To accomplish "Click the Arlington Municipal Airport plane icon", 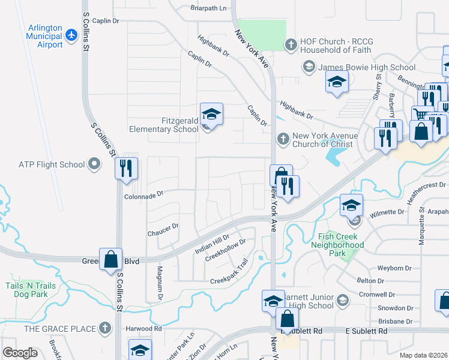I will tap(72, 35).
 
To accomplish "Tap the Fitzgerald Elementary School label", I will tap(164, 125).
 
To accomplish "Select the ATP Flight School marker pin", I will tap(94, 163).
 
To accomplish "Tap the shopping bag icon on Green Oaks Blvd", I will tap(110, 259).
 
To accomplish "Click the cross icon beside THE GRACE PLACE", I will tap(105, 328).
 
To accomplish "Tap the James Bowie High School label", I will tap(367, 67).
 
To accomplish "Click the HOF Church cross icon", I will tap(291, 44).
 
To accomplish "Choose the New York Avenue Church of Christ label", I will tap(325, 140).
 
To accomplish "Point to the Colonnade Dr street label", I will tap(143, 195).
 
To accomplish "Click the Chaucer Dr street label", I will tap(163, 227).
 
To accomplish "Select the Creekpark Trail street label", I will tap(229, 280).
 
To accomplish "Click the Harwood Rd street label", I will tap(143, 329).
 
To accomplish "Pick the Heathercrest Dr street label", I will tap(426, 186).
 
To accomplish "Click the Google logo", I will tap(20, 352).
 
